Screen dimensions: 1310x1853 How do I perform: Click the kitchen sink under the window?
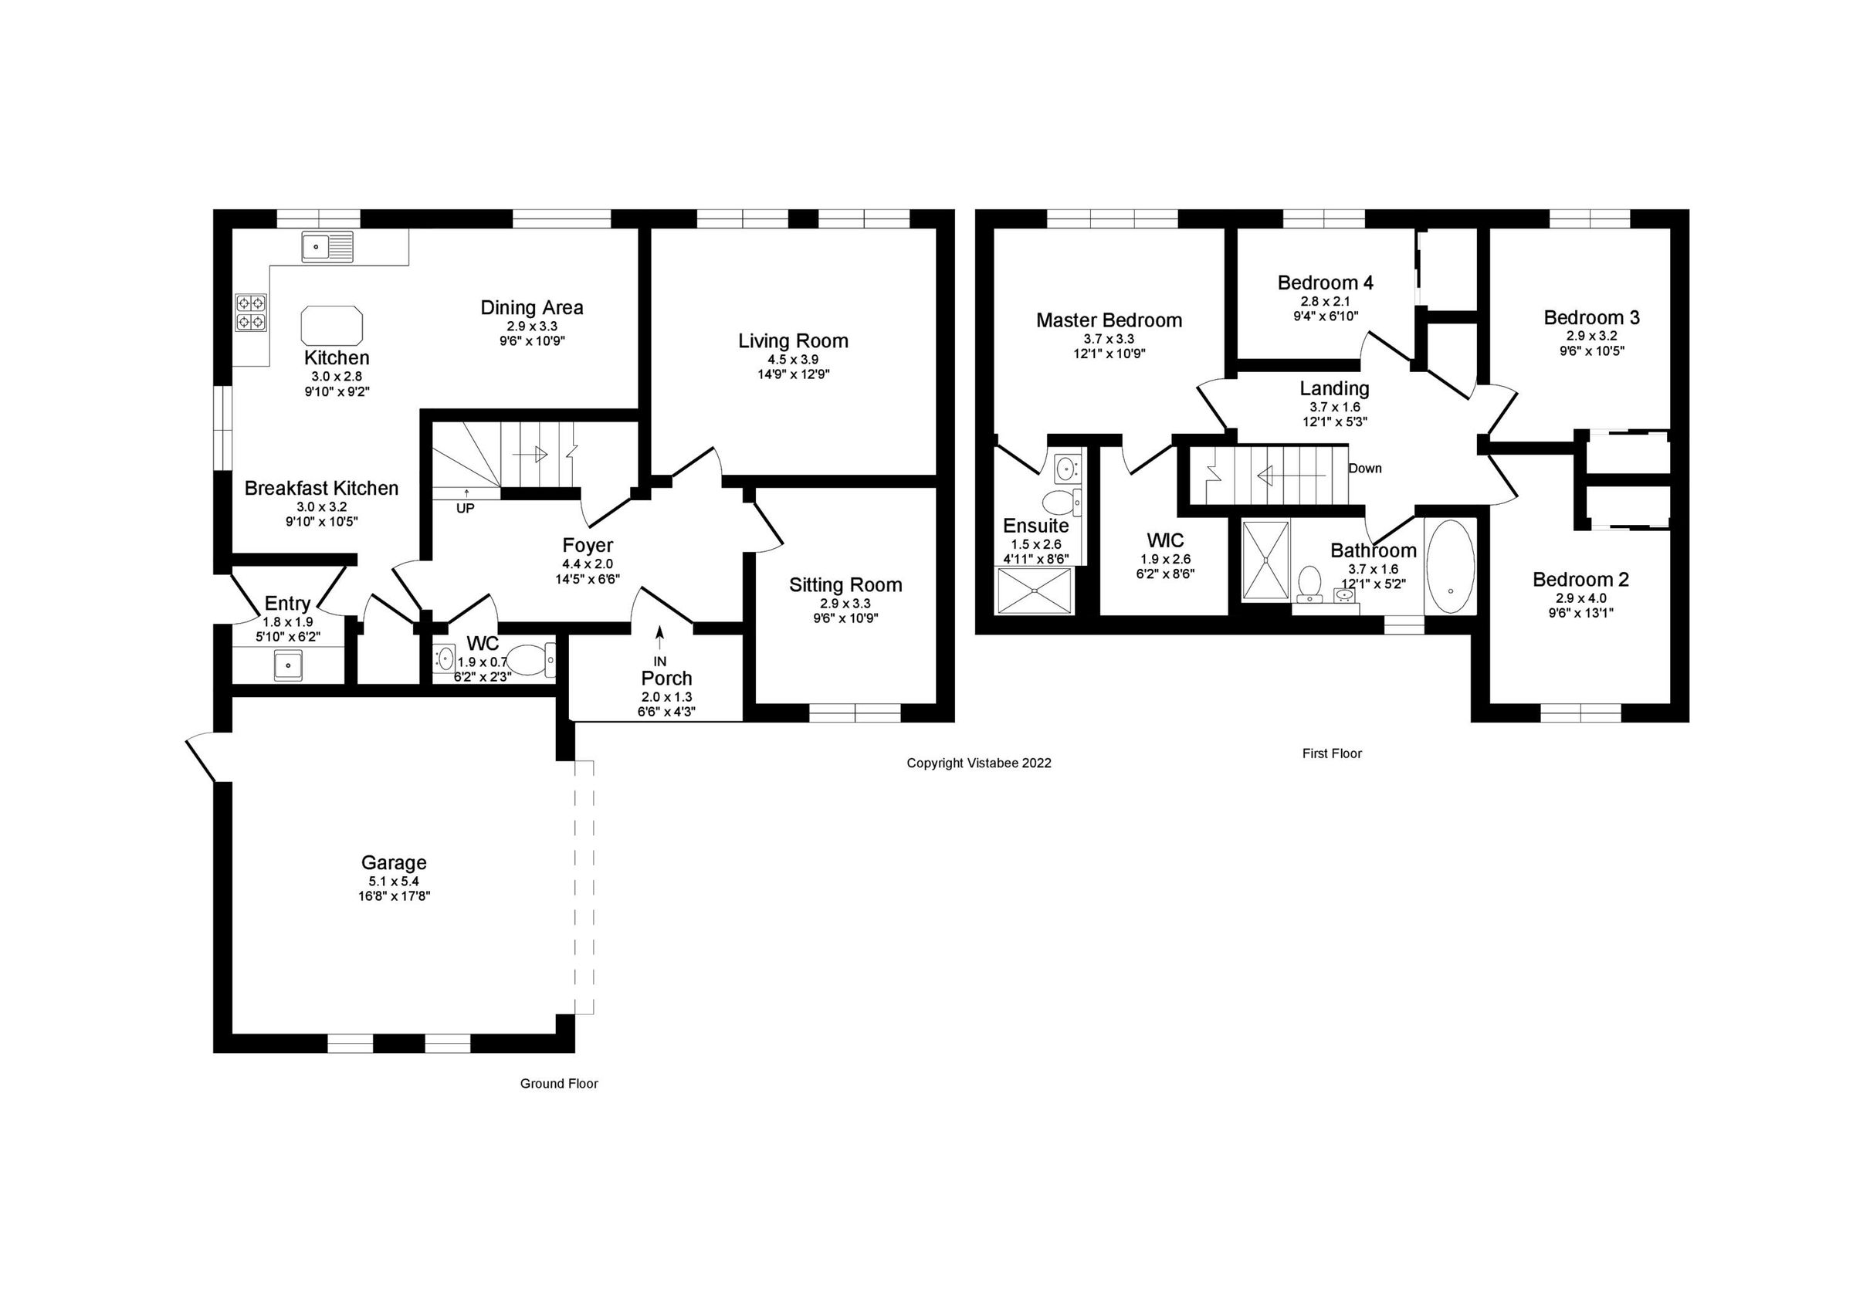(x=327, y=246)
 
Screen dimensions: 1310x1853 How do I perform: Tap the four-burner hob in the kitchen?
(x=250, y=313)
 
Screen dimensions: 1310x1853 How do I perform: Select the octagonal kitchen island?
(x=332, y=325)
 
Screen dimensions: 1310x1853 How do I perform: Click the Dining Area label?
(x=531, y=307)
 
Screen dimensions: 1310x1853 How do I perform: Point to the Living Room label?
(x=792, y=341)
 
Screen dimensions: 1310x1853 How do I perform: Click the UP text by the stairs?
(x=465, y=509)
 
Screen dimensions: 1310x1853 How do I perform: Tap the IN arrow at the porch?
(x=659, y=639)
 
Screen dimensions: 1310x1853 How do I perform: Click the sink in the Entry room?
(x=287, y=666)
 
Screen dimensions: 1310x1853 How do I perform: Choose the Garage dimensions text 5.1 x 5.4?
(x=394, y=882)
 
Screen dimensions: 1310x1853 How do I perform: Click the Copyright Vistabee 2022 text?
(x=978, y=763)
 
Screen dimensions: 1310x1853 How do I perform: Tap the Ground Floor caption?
(x=558, y=1083)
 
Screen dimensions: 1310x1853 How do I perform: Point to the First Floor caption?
(x=1332, y=753)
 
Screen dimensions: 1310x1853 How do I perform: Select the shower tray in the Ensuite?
(x=1035, y=591)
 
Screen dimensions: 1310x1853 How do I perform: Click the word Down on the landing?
(x=1365, y=468)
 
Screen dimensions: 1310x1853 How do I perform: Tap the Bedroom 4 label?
(x=1325, y=283)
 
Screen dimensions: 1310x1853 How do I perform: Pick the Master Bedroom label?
(x=1108, y=320)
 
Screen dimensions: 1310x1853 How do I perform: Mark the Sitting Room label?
(x=845, y=585)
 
